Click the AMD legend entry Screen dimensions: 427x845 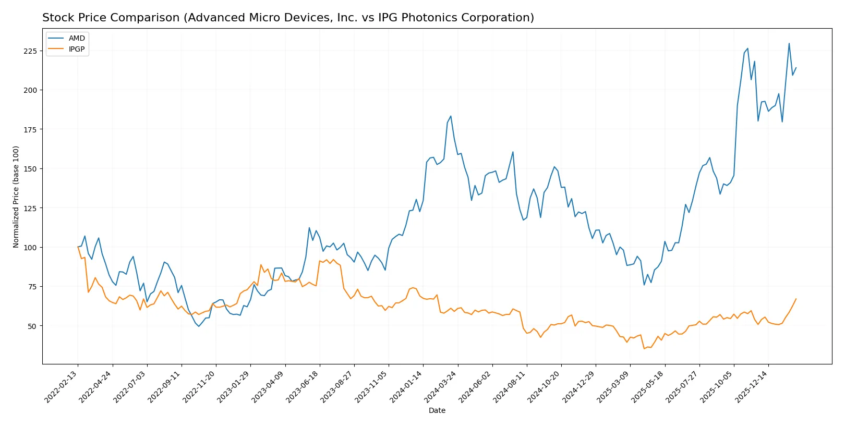[76, 38]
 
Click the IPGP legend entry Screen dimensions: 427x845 [76, 49]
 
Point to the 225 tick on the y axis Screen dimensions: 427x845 [30, 51]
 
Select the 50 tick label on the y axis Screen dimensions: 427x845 [32, 326]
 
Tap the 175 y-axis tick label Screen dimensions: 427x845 [30, 129]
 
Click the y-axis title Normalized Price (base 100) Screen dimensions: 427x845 [16, 197]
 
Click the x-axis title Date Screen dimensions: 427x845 [437, 410]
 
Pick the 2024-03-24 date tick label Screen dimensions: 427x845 [441, 386]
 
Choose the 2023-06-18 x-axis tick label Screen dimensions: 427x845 [303, 386]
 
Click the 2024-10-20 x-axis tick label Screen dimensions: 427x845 [545, 386]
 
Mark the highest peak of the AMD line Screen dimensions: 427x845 [789, 44]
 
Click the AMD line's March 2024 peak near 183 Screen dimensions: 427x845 [451, 116]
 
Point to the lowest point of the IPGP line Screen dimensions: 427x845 [644, 348]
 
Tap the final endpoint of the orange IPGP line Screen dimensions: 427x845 [796, 299]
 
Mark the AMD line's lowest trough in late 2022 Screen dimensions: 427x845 [199, 326]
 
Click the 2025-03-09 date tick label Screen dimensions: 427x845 [614, 386]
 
